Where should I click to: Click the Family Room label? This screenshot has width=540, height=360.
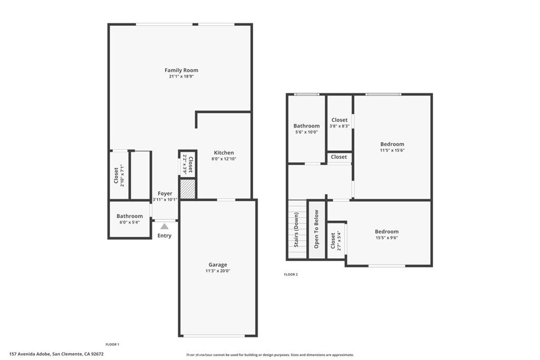181,70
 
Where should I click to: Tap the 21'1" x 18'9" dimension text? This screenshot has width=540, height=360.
181,76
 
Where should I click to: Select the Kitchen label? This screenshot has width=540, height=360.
224,153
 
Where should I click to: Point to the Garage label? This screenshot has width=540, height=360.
218,265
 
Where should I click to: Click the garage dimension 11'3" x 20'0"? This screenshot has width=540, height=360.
218,271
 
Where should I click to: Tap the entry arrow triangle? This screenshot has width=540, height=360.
165,226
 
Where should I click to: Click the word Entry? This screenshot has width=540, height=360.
165,236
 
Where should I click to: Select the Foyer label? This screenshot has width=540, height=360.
165,193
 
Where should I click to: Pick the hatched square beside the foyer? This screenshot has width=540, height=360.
188,189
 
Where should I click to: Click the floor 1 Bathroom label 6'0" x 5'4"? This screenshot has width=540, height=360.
130,222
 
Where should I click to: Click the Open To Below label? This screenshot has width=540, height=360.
316,229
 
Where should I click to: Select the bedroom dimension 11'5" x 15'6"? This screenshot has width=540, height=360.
392,150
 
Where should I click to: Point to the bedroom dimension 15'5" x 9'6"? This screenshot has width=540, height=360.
387,238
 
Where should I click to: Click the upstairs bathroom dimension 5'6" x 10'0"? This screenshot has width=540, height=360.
306,132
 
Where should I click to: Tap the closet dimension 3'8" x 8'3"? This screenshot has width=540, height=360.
340,126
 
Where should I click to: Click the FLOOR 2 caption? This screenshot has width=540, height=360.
291,275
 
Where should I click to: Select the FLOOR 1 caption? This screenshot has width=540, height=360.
112,344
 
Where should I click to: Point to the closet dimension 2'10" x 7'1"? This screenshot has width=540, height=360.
122,176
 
